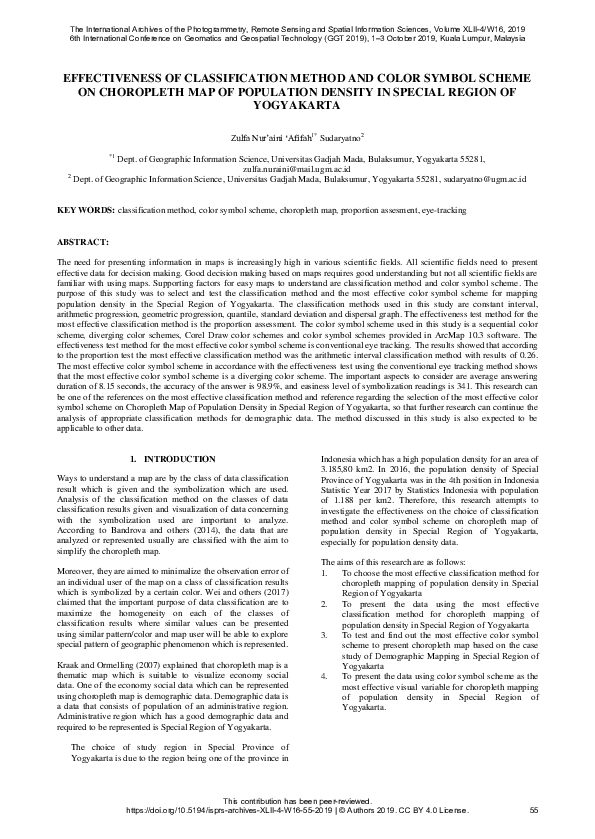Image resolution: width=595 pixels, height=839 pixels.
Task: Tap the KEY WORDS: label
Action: (x=86, y=212)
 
